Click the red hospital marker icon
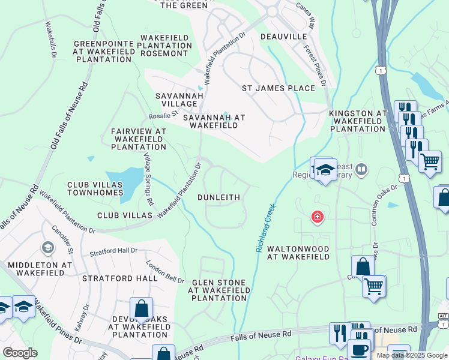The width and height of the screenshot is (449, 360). (x=316, y=217)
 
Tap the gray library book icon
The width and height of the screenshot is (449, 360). (x=361, y=170)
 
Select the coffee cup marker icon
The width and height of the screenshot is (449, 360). (x=359, y=349)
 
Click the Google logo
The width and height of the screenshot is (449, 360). (x=20, y=353)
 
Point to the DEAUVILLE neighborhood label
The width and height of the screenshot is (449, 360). (x=284, y=37)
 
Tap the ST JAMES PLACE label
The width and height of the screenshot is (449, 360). (x=278, y=88)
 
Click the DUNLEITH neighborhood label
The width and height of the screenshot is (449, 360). (x=218, y=197)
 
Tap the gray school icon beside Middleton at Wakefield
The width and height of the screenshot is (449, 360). (x=47, y=247)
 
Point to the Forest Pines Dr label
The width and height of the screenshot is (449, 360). (x=315, y=65)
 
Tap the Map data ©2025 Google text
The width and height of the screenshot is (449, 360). (x=412, y=355)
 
